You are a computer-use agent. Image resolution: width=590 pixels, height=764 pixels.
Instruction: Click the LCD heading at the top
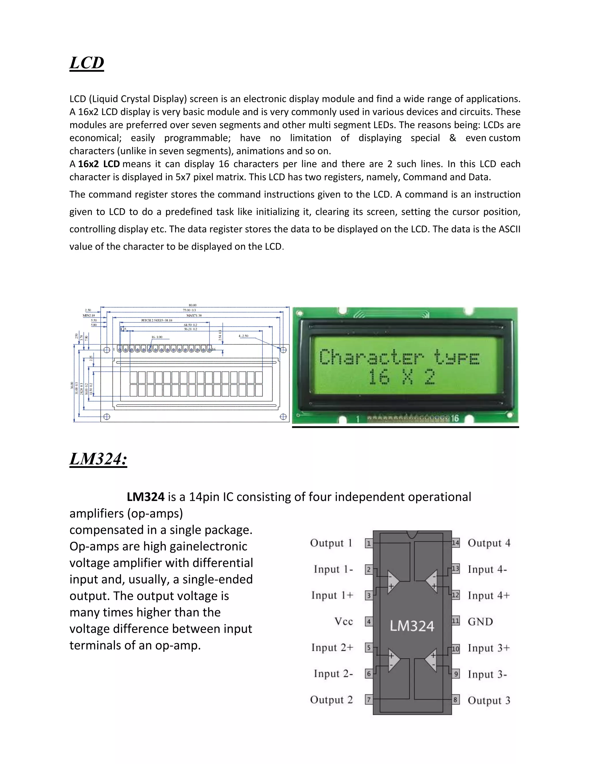pos(87,63)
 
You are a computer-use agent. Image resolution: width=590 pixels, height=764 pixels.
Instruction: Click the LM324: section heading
pos(98,459)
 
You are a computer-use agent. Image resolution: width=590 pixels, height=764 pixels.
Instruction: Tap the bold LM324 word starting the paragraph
pos(145,497)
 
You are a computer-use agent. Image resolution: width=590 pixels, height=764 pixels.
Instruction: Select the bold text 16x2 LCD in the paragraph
pos(99,164)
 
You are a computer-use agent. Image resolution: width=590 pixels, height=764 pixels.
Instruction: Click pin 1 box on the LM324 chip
pos(368,543)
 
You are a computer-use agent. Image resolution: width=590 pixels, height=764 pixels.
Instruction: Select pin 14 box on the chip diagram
pos(455,543)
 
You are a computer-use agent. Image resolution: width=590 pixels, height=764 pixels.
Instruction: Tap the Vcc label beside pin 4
pos(344,621)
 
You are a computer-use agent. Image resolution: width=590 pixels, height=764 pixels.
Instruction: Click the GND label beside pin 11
pos(480,622)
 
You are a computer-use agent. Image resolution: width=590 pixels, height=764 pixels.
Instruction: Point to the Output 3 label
pos(489,700)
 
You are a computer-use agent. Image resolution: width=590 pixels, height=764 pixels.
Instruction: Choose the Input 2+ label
pos(332,648)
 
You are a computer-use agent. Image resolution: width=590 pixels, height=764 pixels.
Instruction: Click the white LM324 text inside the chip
pos(412,626)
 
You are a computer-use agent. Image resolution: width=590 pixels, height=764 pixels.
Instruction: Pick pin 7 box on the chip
pos(368,700)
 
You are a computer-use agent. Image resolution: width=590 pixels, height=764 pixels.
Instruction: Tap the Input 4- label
pos(487,569)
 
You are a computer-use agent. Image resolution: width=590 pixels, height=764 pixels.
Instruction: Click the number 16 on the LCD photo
pos(454,418)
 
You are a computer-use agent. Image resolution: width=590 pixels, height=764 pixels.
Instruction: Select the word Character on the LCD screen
pos(371,357)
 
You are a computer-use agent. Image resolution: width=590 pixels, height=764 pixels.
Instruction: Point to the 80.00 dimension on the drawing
pos(193,305)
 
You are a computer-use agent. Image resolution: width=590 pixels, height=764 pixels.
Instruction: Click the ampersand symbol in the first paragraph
pos(453,138)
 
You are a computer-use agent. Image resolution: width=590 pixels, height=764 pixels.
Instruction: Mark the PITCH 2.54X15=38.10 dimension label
pos(157,320)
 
